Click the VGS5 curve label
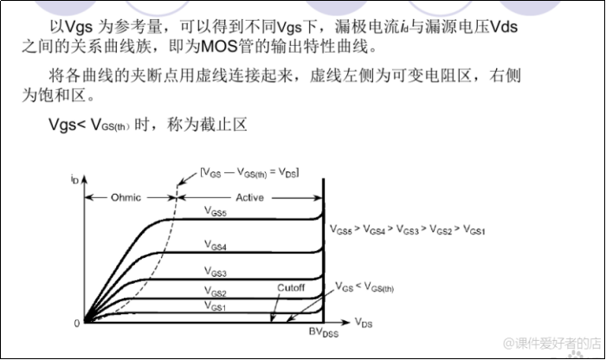216,212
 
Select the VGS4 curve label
216,247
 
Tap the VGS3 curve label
216,272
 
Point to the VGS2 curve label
216,292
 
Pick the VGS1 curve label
216,305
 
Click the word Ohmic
126,198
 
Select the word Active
250,198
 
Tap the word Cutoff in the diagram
291,287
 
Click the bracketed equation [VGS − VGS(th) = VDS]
249,173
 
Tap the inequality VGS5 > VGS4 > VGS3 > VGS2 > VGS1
407,230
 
